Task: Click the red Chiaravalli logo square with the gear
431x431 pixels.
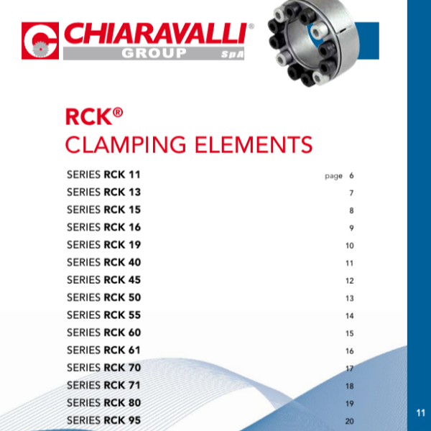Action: pyautogui.click(x=40, y=41)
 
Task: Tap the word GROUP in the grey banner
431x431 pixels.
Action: pyautogui.click(x=154, y=53)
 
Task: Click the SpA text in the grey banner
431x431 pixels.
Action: pyautogui.click(x=233, y=54)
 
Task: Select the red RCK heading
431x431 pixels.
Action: pyautogui.click(x=94, y=116)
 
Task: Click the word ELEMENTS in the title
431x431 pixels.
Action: pyautogui.click(x=254, y=145)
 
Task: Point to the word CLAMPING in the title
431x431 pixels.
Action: pyautogui.click(x=126, y=145)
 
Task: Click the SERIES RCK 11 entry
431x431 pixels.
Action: pyautogui.click(x=103, y=175)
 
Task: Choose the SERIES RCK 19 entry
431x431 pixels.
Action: pyautogui.click(x=104, y=245)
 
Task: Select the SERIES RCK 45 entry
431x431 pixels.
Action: pyautogui.click(x=104, y=280)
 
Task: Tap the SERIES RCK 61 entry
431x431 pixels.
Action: pyautogui.click(x=103, y=351)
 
